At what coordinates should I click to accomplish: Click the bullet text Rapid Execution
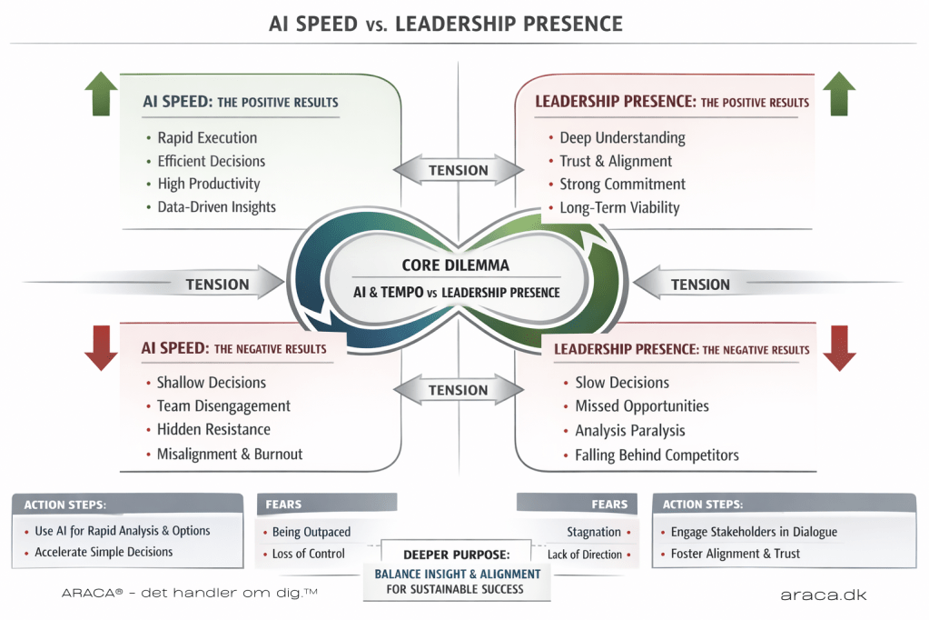tap(207, 138)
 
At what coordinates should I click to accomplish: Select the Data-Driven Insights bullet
tap(217, 207)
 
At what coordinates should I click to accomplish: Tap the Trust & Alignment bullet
tap(616, 161)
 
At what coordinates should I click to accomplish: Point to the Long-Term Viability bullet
tap(619, 207)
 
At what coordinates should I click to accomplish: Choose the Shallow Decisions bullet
tap(212, 383)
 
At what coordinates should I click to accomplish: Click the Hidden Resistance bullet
tap(213, 429)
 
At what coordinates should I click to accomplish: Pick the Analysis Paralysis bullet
tap(630, 431)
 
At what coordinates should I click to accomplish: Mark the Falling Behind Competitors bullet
tap(657, 455)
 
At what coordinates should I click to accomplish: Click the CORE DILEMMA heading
tap(455, 266)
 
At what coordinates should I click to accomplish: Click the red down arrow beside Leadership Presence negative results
tap(840, 349)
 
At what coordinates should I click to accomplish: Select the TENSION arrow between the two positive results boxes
tap(459, 170)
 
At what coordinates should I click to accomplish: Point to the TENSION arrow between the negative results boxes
tap(459, 390)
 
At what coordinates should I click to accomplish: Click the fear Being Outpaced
tap(311, 532)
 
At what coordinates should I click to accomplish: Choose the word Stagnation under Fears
tap(594, 532)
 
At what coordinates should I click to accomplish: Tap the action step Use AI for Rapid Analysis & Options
tap(123, 531)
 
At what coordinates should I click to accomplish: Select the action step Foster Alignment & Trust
tap(736, 553)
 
